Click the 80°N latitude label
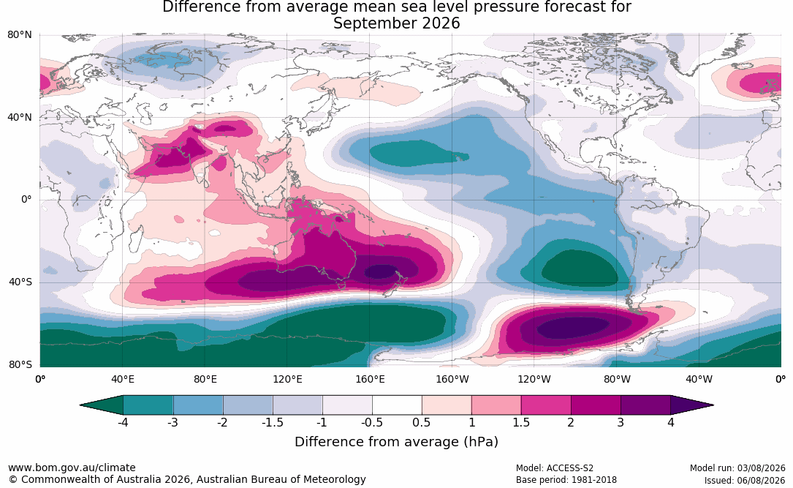pos(20,35)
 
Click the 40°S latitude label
pos(20,282)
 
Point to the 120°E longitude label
pos(287,379)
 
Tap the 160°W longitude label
pos(452,379)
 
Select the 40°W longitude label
pos(699,379)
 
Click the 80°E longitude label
pos(205,379)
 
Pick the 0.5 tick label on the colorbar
pos(421,422)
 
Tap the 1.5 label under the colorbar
pos(521,422)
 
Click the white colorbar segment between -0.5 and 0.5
pos(397,405)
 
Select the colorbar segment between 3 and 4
pos(646,405)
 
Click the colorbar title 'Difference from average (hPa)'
pos(396,442)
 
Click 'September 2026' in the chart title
pos(396,23)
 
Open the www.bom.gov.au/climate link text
pos(72,468)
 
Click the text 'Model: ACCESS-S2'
pos(554,468)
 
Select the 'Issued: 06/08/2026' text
pos(745,480)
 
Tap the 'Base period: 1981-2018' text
pos(566,480)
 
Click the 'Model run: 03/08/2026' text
pos(737,468)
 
